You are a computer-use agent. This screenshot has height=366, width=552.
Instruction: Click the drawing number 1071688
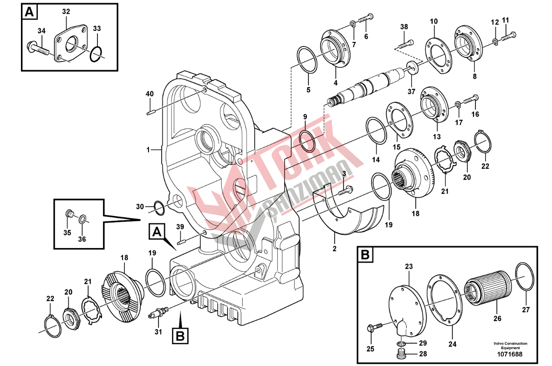coord(510,354)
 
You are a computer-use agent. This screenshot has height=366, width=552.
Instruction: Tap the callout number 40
coord(149,94)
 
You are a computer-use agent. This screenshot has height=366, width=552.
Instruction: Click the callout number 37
coord(411,91)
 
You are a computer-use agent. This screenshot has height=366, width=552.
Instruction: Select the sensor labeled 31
coord(158,312)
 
